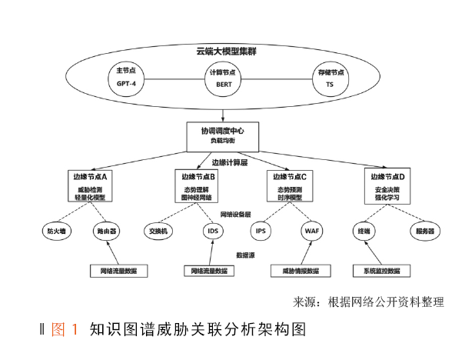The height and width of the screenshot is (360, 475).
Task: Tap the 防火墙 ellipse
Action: pyautogui.click(x=58, y=230)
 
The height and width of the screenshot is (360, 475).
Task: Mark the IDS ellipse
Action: pyautogui.click(x=213, y=230)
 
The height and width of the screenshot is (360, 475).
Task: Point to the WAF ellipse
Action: pyautogui.click(x=311, y=230)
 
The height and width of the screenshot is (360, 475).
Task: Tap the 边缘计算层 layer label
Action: pyautogui.click(x=230, y=163)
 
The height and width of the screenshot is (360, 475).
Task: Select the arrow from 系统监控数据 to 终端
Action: pyautogui.click(x=372, y=252)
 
